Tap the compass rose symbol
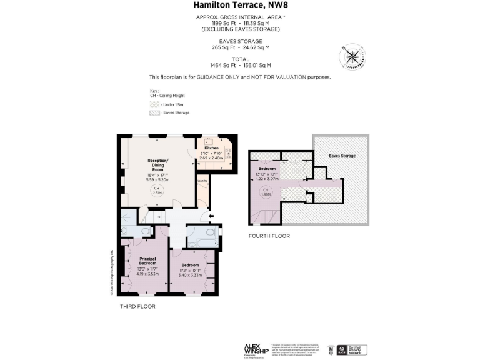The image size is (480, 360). [352, 56]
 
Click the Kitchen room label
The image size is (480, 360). [212, 148]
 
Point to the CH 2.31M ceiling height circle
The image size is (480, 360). [157, 191]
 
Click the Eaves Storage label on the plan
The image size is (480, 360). [342, 155]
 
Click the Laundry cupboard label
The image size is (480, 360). [202, 181]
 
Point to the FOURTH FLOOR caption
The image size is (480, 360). [269, 236]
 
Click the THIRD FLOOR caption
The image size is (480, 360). [137, 307]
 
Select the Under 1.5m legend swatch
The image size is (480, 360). [154, 103]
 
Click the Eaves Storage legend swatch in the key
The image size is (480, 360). [154, 112]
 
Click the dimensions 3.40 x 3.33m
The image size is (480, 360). [190, 274]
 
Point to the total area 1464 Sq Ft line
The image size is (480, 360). [241, 64]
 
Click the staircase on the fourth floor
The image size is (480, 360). [266, 217]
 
